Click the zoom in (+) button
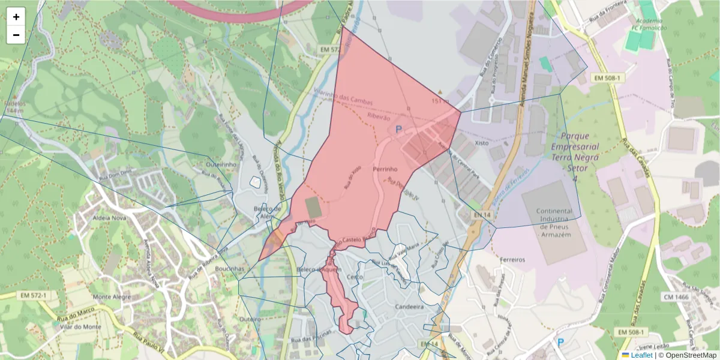tap(16, 17)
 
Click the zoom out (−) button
tap(16, 35)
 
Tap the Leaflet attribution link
tap(641, 355)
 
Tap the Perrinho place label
tap(386, 169)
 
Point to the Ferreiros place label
tap(512, 260)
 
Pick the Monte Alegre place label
tap(112, 296)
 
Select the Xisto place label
tap(481, 143)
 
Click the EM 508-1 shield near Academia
tap(606, 78)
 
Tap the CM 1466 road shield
tap(677, 296)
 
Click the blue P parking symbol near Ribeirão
tap(398, 129)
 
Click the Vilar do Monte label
tap(81, 327)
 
